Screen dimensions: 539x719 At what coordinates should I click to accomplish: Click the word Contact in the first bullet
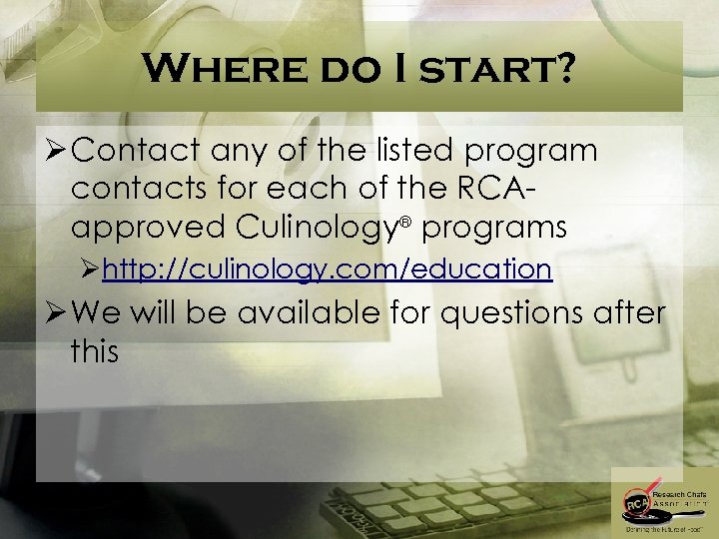[139, 151]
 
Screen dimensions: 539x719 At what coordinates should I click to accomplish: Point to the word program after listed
[534, 153]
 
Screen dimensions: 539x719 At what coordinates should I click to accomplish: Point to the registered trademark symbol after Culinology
[409, 220]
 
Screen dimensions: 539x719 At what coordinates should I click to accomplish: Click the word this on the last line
[95, 350]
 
